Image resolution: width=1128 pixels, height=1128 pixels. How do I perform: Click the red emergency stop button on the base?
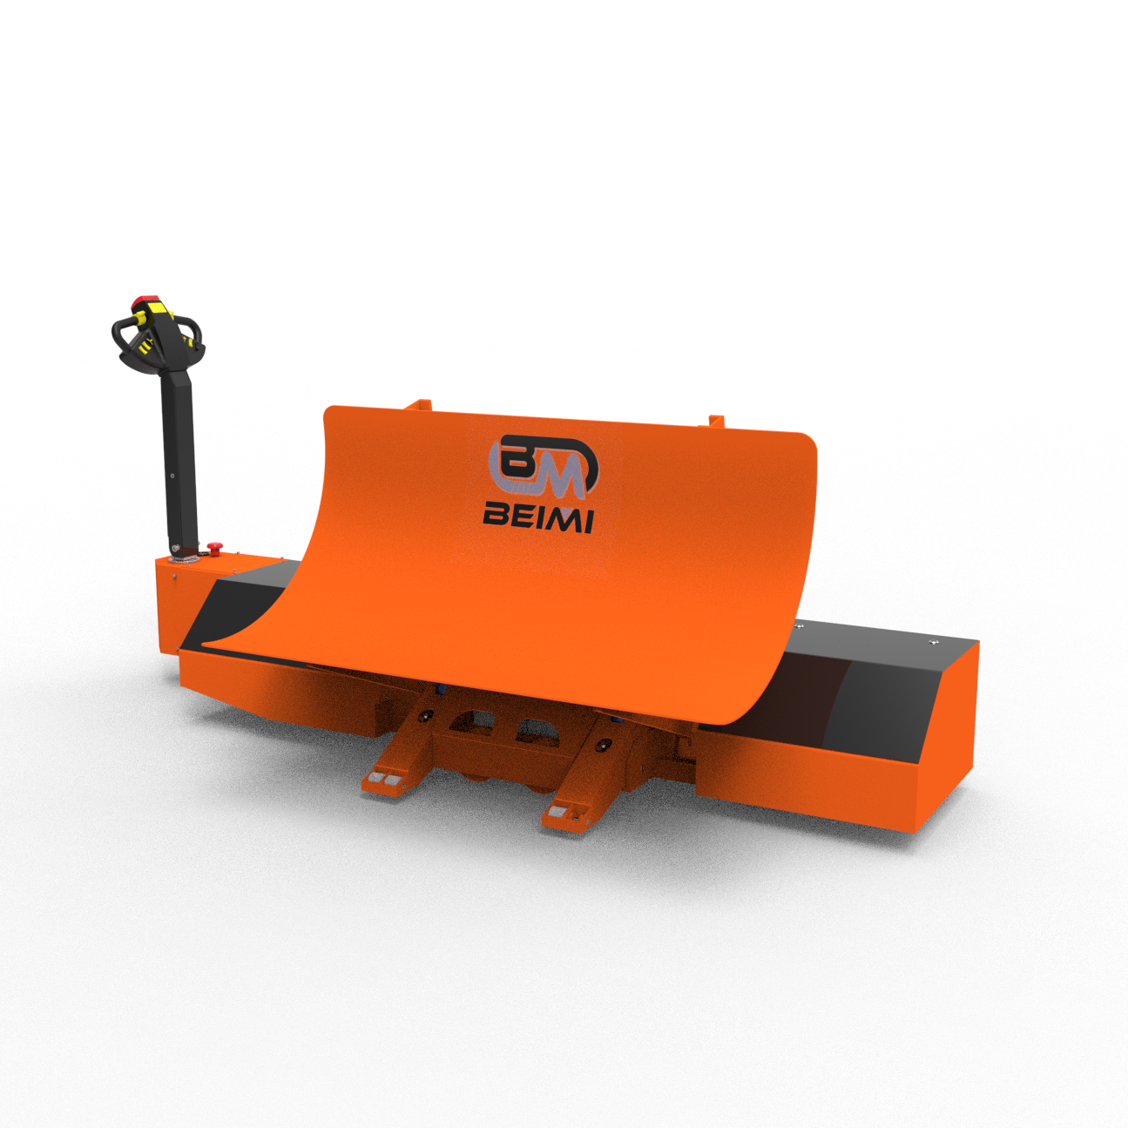coord(215,547)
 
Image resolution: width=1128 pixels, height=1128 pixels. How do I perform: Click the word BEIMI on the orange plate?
coord(537,520)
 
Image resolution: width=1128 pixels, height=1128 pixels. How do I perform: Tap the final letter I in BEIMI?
coord(586,522)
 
